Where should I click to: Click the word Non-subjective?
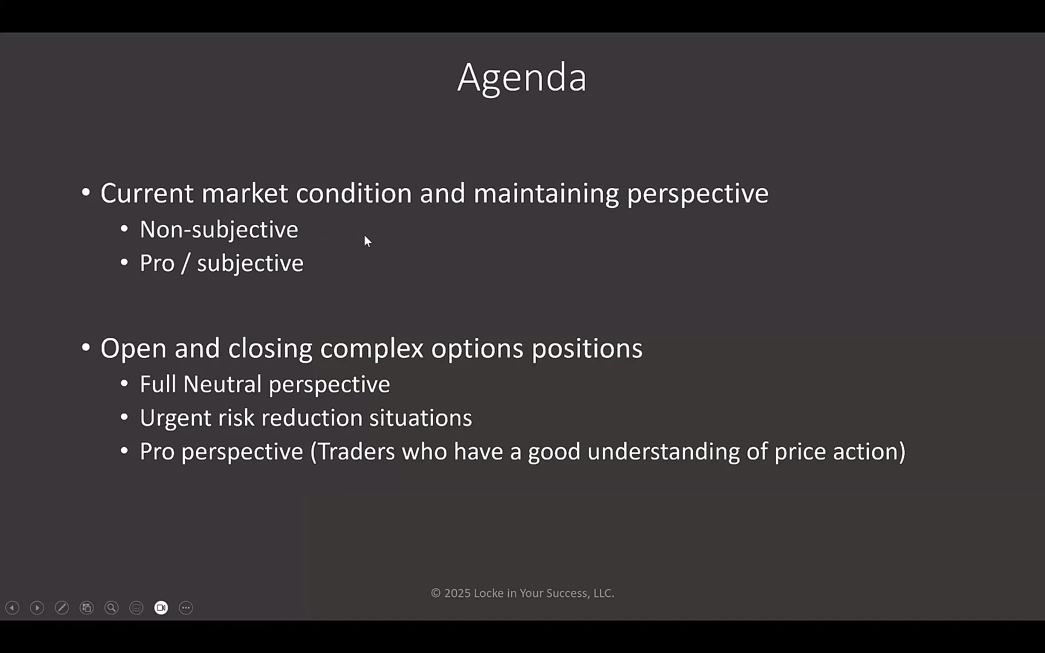click(219, 230)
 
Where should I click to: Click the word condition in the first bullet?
click(354, 193)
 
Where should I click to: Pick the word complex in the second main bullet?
click(372, 349)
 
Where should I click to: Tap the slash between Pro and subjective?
click(186, 264)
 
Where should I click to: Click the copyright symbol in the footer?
click(435, 593)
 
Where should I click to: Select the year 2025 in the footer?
click(457, 593)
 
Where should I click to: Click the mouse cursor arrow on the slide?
click(368, 241)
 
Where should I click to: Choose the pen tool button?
click(62, 608)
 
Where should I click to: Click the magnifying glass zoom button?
click(111, 608)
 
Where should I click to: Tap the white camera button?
click(161, 608)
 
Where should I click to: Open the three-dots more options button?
click(186, 608)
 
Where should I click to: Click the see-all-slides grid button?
click(86, 608)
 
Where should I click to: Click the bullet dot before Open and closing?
click(86, 348)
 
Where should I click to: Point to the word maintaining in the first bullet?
click(546, 193)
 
